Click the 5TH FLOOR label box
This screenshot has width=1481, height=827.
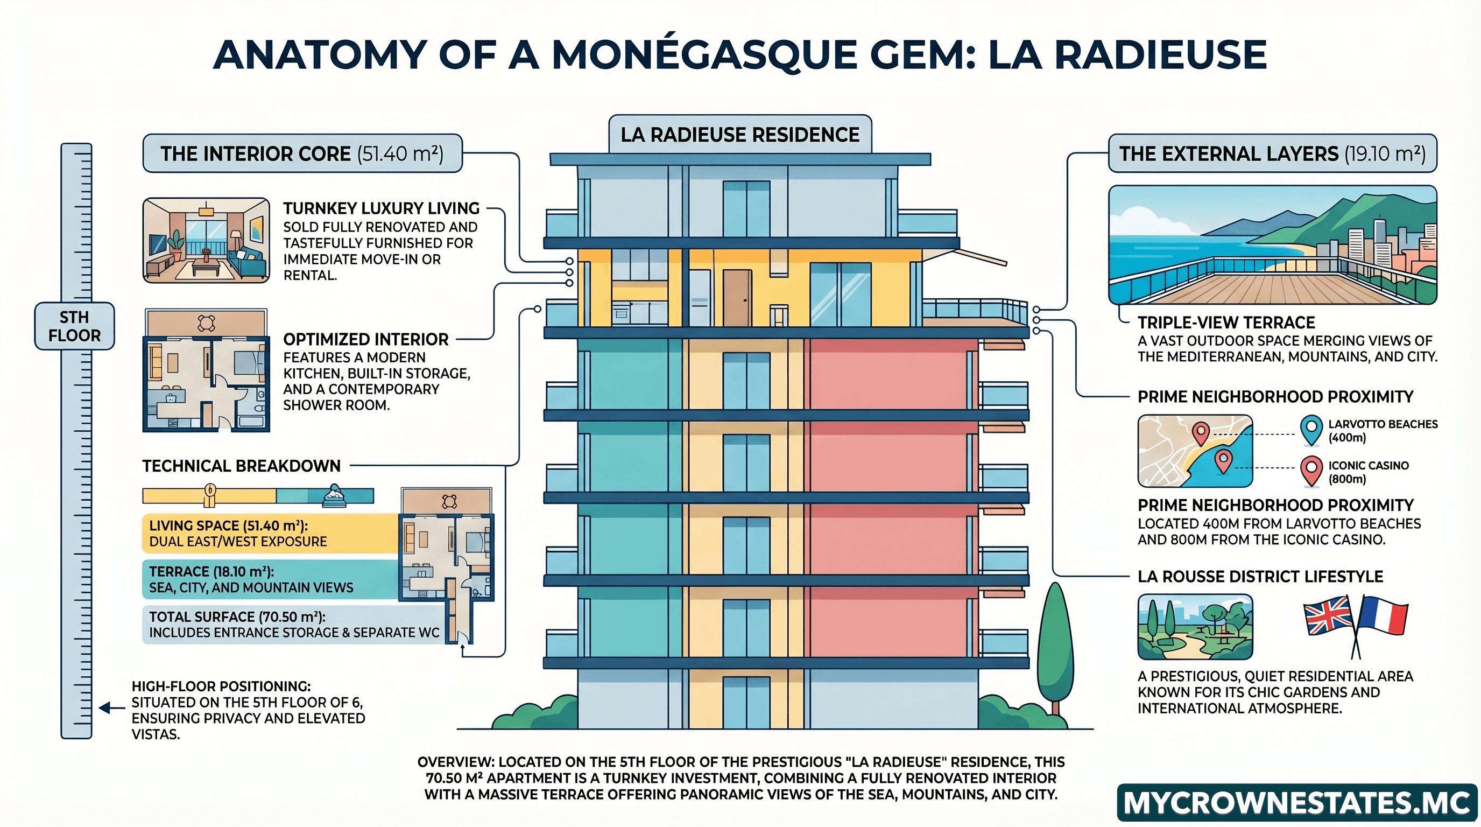coord(74,326)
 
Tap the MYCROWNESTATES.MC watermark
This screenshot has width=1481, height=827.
coord(1296,803)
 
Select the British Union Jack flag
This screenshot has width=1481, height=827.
coord(1328,615)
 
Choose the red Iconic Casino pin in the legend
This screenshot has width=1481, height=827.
coord(1311,471)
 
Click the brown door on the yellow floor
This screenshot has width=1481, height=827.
coord(737,298)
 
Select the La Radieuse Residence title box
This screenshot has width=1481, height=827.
coord(740,135)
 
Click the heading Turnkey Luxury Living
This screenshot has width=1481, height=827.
coord(380,208)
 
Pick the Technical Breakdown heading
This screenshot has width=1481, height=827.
coord(242,466)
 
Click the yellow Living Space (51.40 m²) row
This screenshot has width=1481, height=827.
coord(270,533)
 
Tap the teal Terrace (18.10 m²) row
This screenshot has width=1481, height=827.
coord(270,579)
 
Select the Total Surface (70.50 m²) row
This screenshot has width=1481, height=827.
coord(293,625)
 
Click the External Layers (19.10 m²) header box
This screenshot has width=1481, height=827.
coord(1272,153)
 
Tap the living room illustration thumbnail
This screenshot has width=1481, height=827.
coord(206,240)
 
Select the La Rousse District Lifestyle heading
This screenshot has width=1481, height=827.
coord(1260,577)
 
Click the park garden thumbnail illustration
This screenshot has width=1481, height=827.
coord(1195,627)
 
